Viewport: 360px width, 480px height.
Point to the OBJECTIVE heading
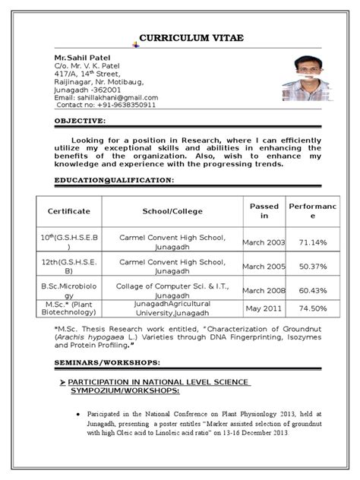[x=81, y=122]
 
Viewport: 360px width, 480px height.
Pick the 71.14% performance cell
[x=313, y=242]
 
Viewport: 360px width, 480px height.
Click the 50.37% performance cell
[x=313, y=267]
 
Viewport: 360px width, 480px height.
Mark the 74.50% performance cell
[x=313, y=308]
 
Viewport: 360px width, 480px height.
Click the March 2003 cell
[x=264, y=242]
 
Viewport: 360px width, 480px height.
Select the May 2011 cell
[x=264, y=308]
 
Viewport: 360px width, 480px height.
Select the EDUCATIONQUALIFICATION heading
[x=114, y=180]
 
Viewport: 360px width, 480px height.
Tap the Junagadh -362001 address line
[x=87, y=90]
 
